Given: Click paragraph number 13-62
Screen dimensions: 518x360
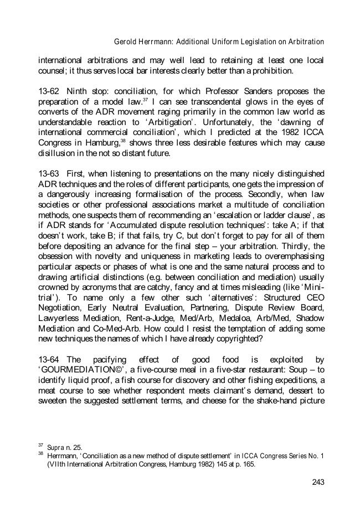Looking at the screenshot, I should pyautogui.click(x=48, y=91).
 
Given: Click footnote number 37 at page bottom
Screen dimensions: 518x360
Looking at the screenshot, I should pyautogui.click(x=40, y=444).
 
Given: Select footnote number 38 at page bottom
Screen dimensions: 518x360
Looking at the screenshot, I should pyautogui.click(x=40, y=454).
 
